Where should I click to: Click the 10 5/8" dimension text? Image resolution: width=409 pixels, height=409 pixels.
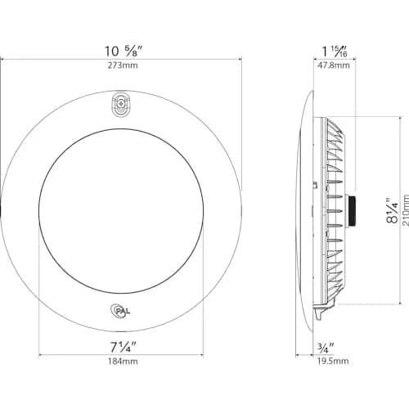point(124,51)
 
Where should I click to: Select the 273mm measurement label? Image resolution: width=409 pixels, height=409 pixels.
point(123,65)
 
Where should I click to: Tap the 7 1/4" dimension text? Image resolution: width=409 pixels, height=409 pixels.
point(123,347)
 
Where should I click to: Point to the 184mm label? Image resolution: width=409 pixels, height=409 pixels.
point(123,362)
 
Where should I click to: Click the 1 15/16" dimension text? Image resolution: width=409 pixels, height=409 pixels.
point(335,52)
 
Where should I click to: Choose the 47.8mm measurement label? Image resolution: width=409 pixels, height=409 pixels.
point(334,65)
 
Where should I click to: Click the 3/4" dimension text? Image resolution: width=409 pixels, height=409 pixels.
point(326,348)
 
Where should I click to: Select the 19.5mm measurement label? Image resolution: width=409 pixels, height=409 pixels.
point(333,362)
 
